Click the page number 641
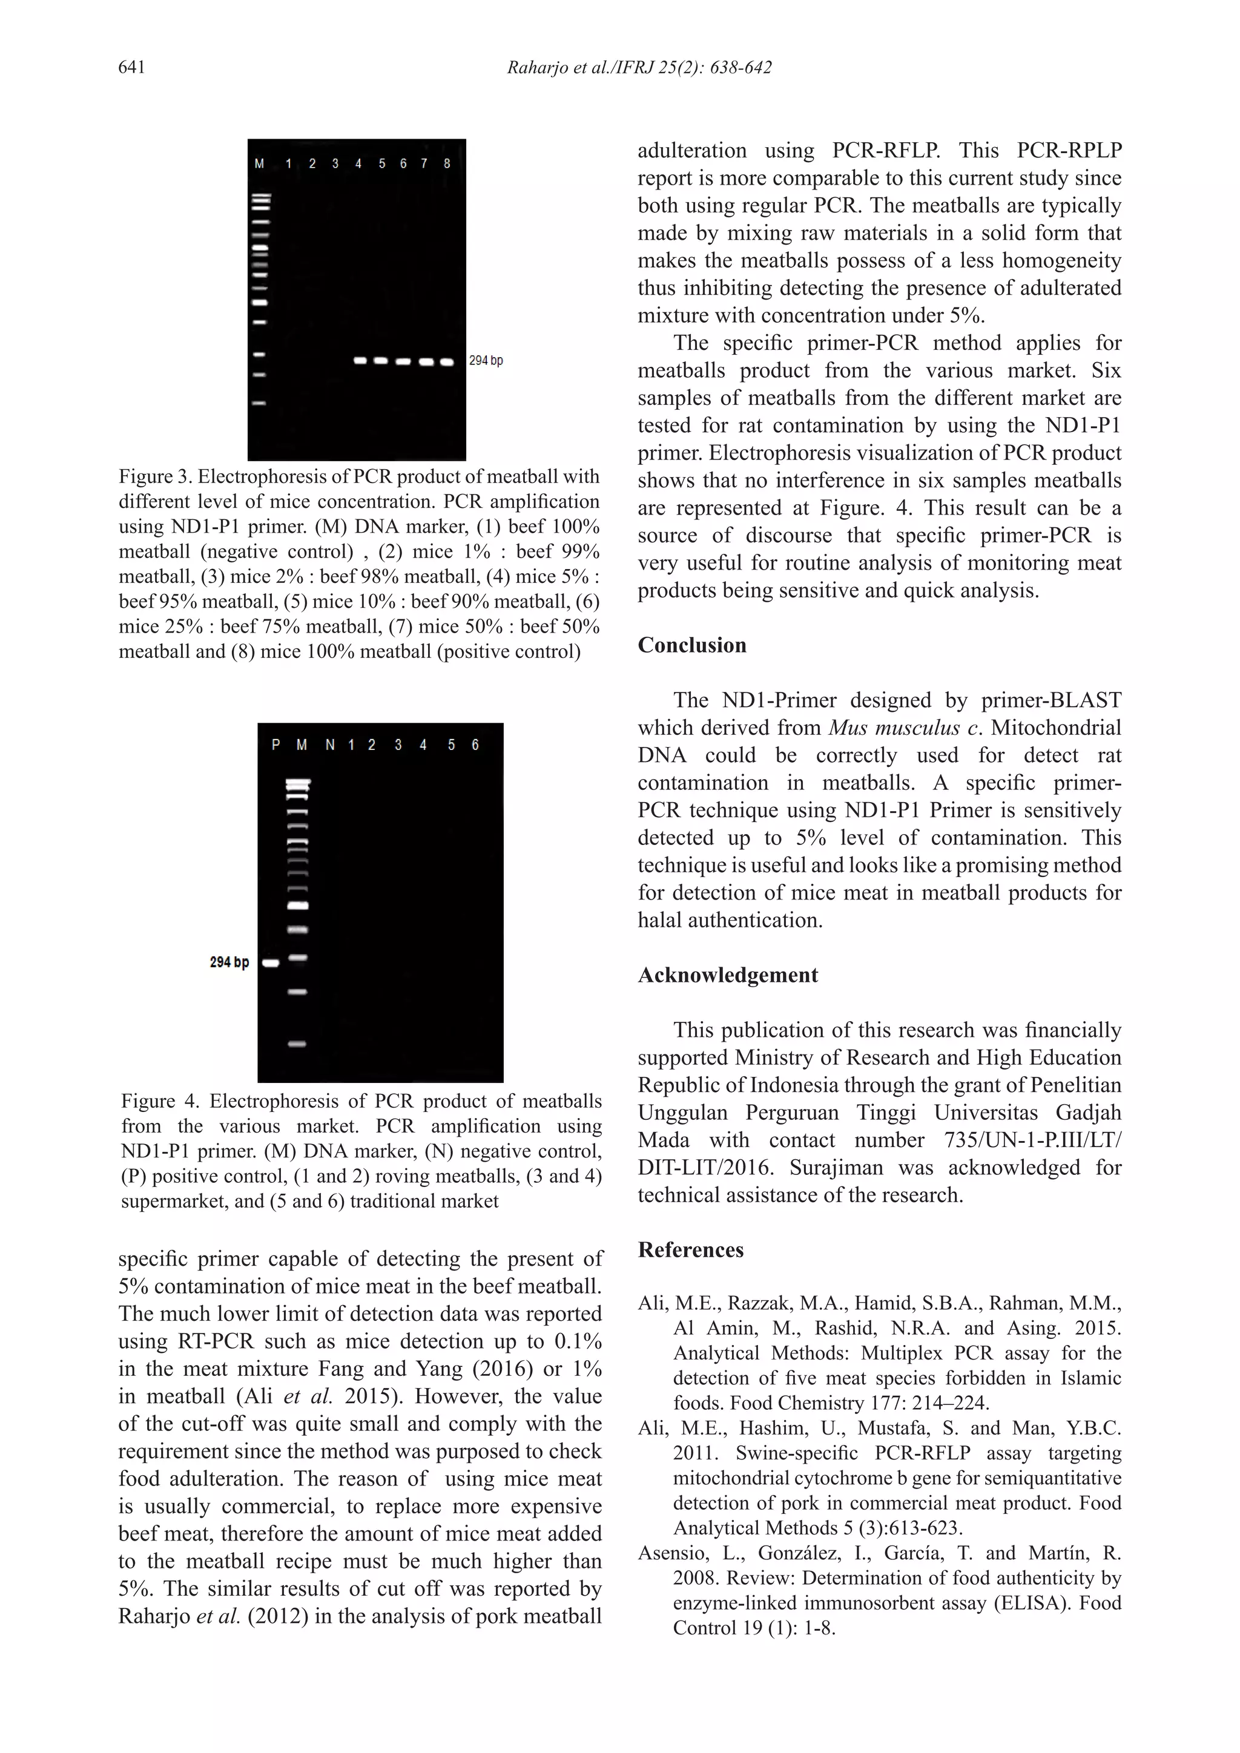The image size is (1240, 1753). pyautogui.click(x=131, y=68)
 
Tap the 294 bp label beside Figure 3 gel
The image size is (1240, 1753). pyautogui.click(x=486, y=360)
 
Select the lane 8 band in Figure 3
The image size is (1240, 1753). pyautogui.click(x=447, y=361)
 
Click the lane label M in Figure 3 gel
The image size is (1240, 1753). pyautogui.click(x=260, y=163)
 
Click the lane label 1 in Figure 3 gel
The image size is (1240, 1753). pyautogui.click(x=289, y=163)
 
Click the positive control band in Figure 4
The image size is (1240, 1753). pyautogui.click(x=270, y=964)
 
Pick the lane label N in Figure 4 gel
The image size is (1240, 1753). pyautogui.click(x=330, y=745)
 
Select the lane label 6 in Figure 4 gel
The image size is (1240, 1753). pyautogui.click(x=475, y=745)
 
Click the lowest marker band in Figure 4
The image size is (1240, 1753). pyautogui.click(x=297, y=1044)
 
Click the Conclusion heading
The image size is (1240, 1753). pyautogui.click(x=692, y=645)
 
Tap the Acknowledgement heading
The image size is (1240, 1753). pyautogui.click(x=728, y=975)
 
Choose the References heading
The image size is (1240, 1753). pyautogui.click(x=690, y=1250)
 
